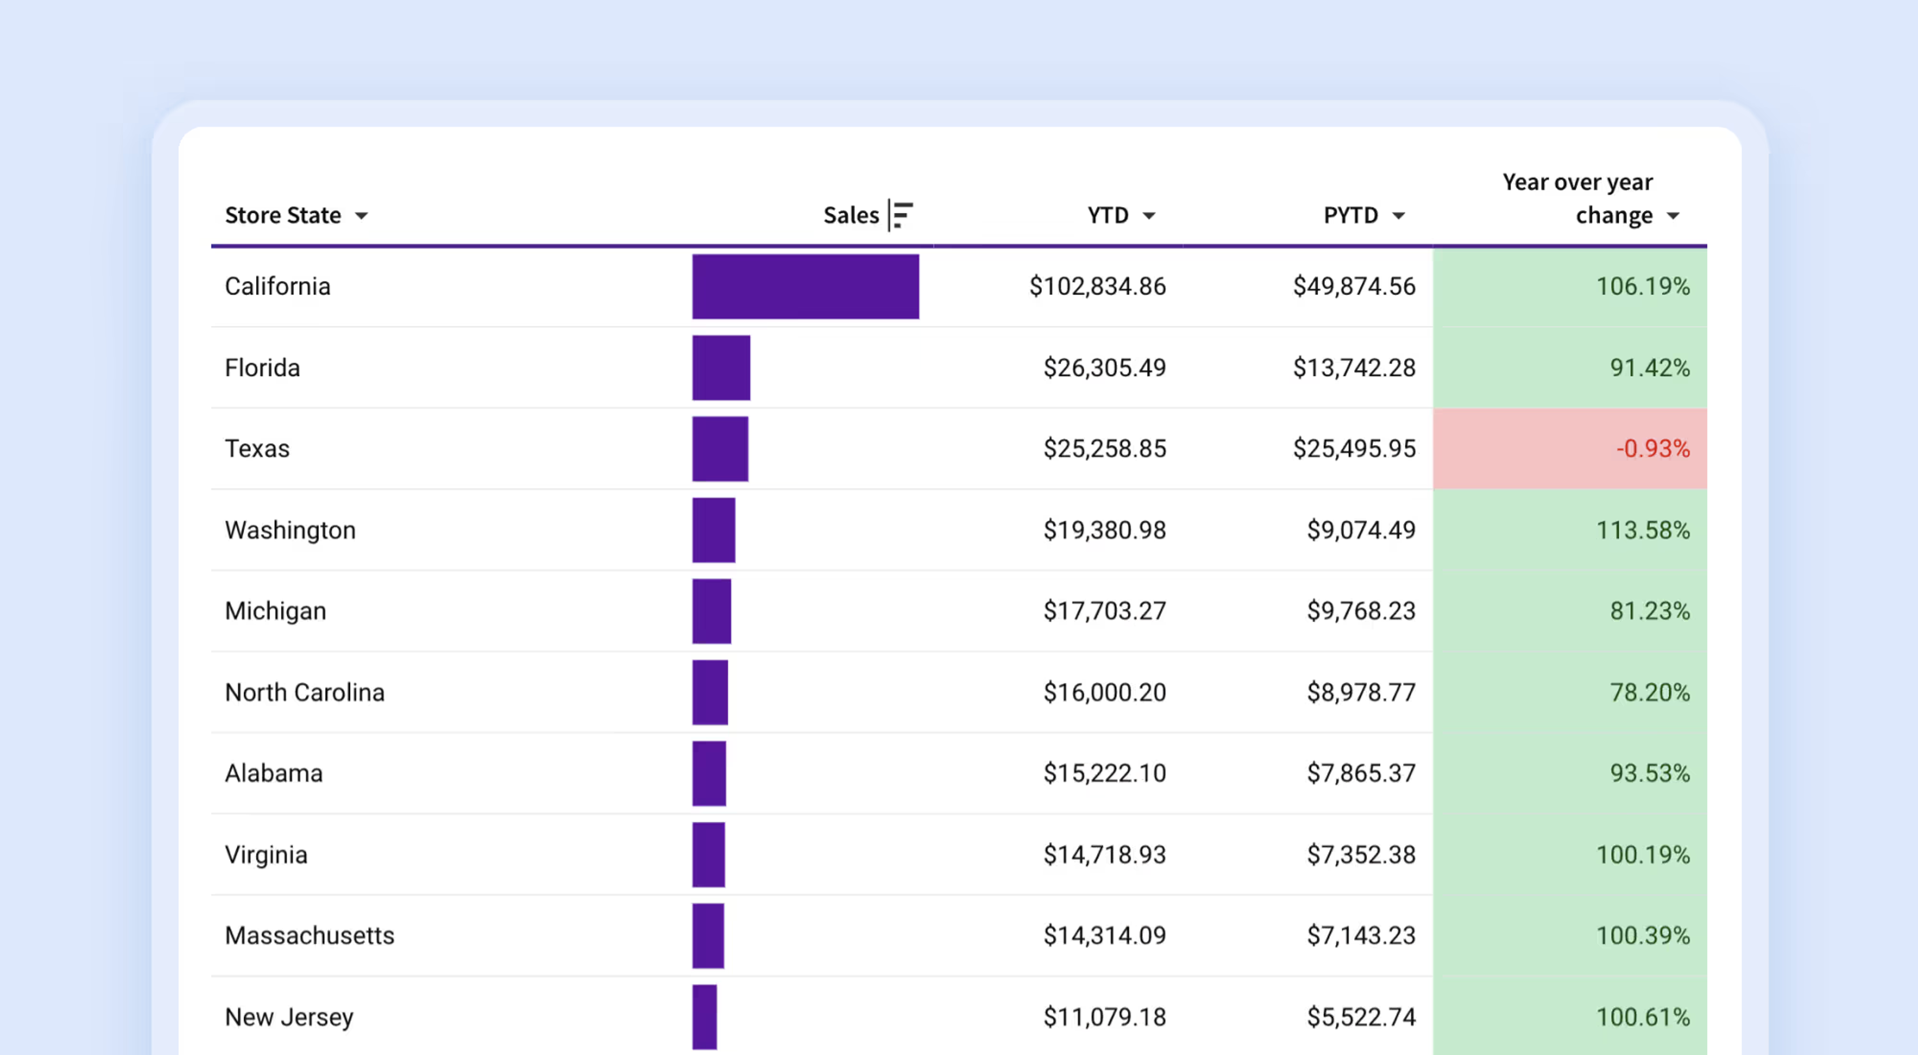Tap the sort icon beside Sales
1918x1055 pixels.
point(901,215)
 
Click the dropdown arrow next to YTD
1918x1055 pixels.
point(1149,216)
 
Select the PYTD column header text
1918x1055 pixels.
point(1351,215)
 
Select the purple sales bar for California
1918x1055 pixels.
point(806,287)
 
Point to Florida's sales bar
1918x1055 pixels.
point(721,368)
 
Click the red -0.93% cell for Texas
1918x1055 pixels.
point(1569,448)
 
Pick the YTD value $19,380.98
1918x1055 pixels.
point(1104,530)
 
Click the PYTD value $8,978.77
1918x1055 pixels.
point(1361,692)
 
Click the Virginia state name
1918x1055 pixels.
point(266,855)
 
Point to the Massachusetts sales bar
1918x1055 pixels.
point(708,936)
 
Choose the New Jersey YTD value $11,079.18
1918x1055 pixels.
point(1104,1017)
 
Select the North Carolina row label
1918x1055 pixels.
point(305,692)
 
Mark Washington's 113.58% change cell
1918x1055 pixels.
point(1569,530)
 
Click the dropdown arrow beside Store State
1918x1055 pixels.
point(361,216)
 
